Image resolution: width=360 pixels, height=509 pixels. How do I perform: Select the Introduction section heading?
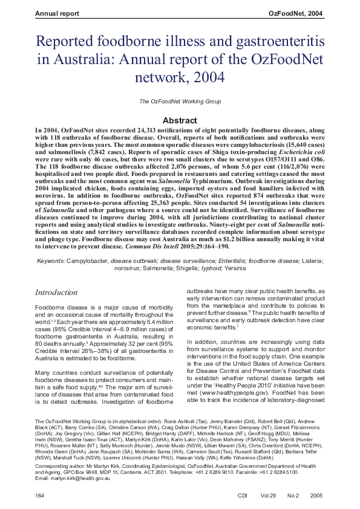coord(56,293)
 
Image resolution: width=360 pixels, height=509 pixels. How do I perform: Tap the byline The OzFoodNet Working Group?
coord(180,101)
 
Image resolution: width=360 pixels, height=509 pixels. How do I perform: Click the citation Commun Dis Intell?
coord(151,247)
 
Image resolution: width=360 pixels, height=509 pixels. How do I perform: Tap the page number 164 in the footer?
coord(41,495)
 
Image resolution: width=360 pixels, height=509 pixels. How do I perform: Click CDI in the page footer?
coord(243,495)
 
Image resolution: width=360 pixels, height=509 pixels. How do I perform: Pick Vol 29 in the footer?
coord(270,495)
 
